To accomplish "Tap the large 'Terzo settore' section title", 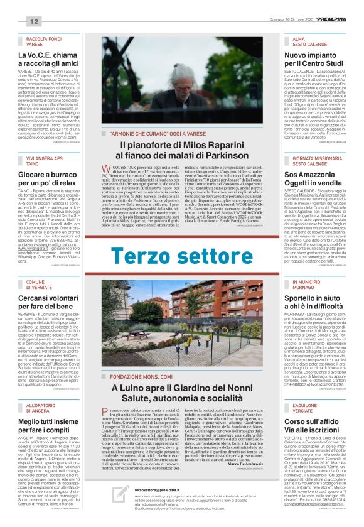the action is [x=181, y=256].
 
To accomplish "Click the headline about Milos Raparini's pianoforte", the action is [x=181, y=149].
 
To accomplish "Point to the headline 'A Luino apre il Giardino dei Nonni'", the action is [x=181, y=393].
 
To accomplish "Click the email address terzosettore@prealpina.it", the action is [x=159, y=489].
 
